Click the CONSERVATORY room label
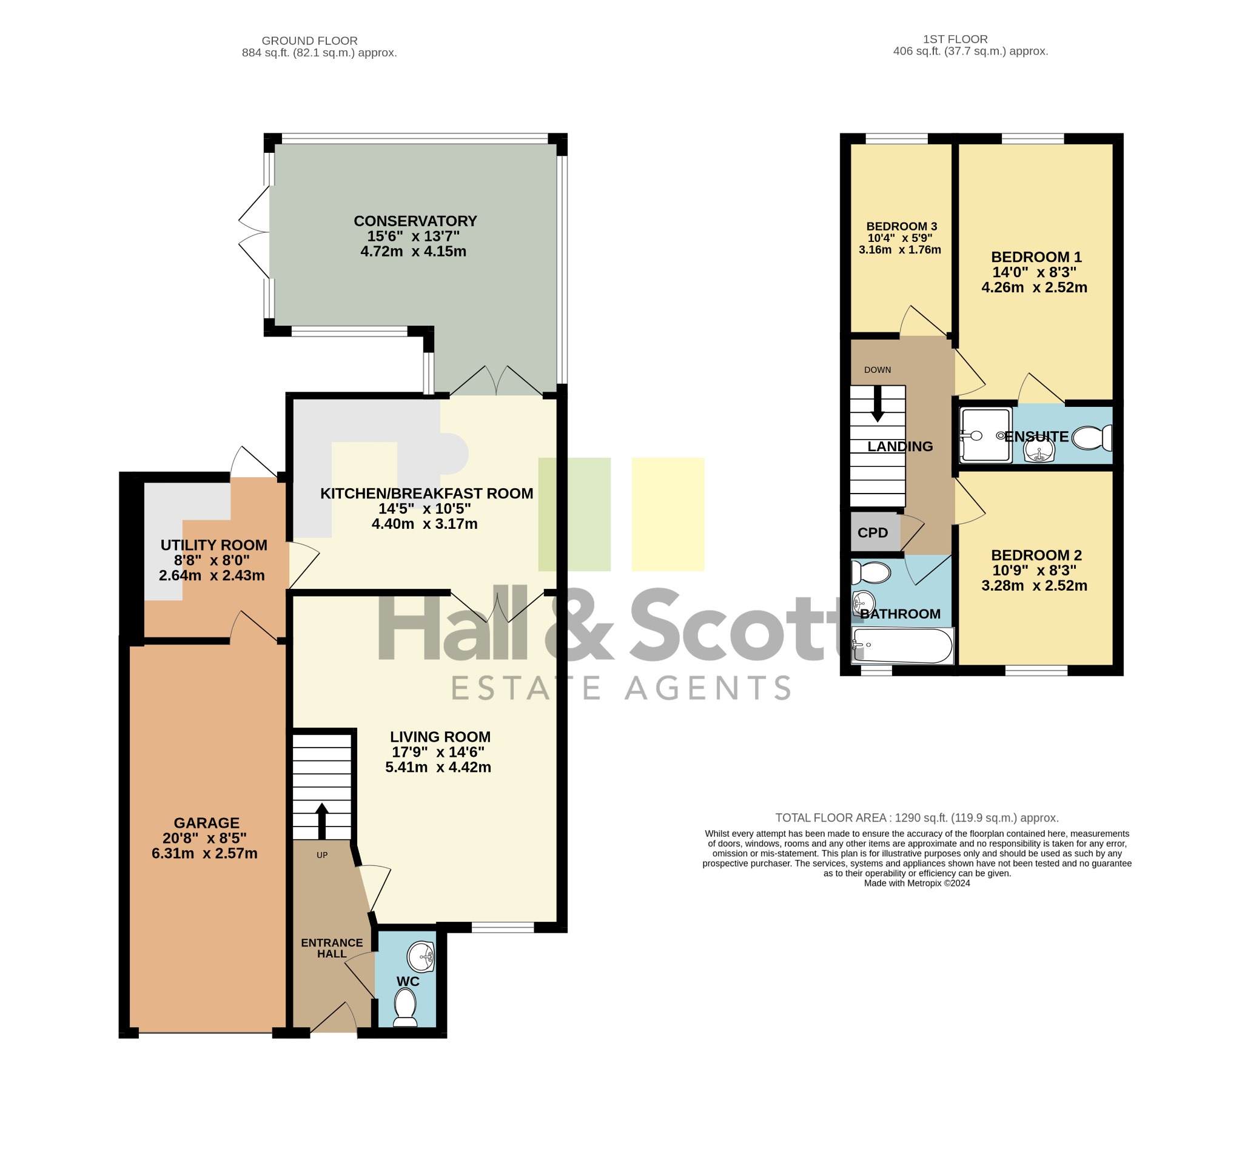coord(415,221)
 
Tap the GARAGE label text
coord(207,823)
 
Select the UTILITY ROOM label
coord(213,545)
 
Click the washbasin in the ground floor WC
coord(421,956)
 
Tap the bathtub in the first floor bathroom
coord(902,646)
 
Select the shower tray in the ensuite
coord(985,435)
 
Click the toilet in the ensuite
coord(1092,437)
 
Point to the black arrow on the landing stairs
coord(877,404)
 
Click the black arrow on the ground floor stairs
coord(322,821)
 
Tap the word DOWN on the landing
coord(877,370)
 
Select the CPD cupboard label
coord(873,533)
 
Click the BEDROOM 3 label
coord(902,227)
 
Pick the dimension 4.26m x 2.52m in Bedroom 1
coord(1034,287)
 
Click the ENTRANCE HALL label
coord(332,948)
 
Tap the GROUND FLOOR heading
coord(309,41)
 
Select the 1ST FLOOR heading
coord(955,39)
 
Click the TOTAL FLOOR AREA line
coord(916,818)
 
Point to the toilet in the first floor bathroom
coord(871,572)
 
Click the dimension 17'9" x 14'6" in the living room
coord(438,752)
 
